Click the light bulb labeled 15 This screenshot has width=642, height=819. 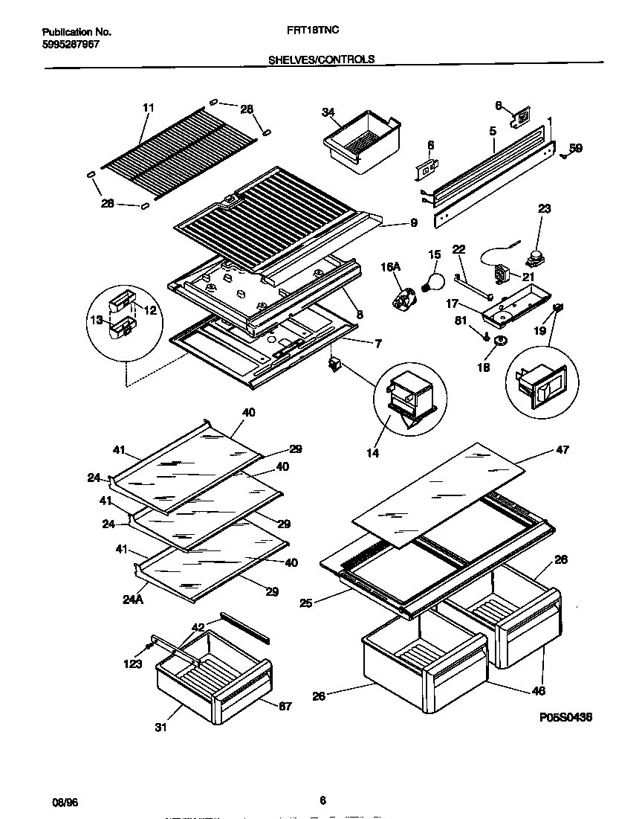[432, 281]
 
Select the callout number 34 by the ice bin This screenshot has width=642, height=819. [328, 112]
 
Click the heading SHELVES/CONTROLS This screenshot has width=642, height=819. [321, 59]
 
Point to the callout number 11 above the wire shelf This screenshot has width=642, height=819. [148, 109]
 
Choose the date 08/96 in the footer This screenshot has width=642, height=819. [64, 803]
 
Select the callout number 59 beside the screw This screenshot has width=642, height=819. [576, 148]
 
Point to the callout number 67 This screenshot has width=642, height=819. [285, 705]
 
